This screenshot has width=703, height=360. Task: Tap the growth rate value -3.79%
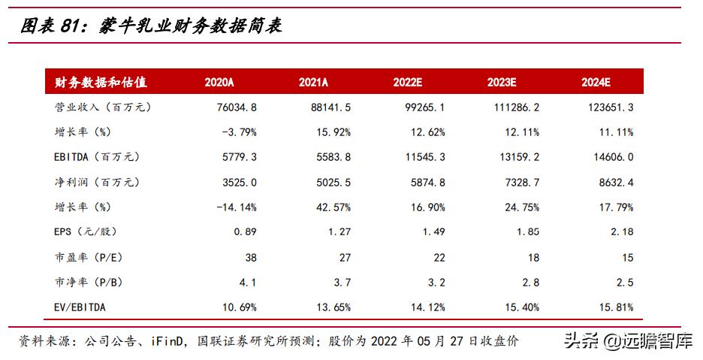click(238, 132)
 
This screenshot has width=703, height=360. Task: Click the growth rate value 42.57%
click(332, 207)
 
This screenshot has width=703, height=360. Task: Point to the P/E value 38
click(250, 257)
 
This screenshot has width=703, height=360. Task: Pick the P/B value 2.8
click(532, 283)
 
